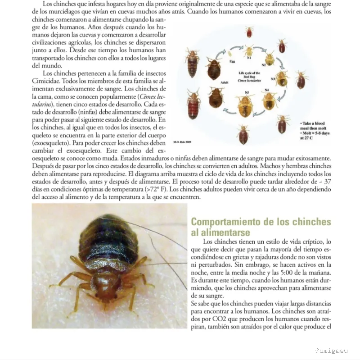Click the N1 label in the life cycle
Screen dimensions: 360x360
[x=249, y=58]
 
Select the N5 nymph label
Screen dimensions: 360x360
[x=247, y=92]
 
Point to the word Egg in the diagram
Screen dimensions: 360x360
[x=232, y=61]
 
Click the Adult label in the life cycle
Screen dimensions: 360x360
[x=225, y=82]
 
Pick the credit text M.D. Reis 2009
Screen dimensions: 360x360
[x=182, y=142]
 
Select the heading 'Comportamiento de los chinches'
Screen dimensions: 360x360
[x=261, y=222]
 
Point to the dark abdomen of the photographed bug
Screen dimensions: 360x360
[x=108, y=239]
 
